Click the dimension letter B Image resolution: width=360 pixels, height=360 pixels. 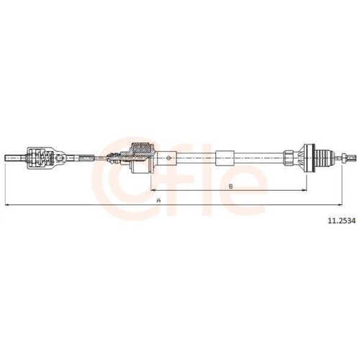(230, 186)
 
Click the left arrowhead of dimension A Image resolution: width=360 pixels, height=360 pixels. (7, 205)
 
